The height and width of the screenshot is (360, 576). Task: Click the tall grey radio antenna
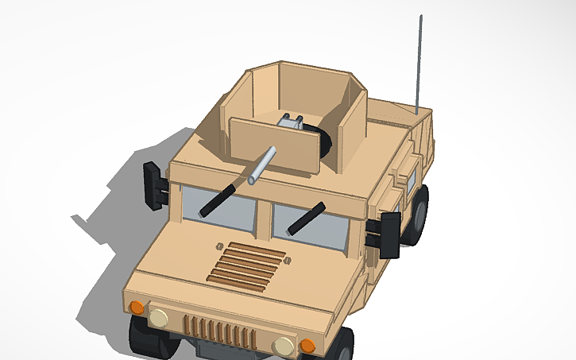(419, 64)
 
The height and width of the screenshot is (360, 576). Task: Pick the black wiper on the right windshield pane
(306, 219)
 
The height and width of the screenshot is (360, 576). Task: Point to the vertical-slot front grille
(219, 331)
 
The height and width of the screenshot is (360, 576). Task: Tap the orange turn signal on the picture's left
(136, 307)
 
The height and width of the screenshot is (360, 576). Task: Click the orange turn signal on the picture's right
(307, 346)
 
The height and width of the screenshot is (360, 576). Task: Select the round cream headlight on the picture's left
(159, 318)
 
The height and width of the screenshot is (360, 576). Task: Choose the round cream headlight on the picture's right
(283, 346)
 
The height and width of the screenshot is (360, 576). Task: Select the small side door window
(412, 179)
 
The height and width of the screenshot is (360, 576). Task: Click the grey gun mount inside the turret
(290, 121)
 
